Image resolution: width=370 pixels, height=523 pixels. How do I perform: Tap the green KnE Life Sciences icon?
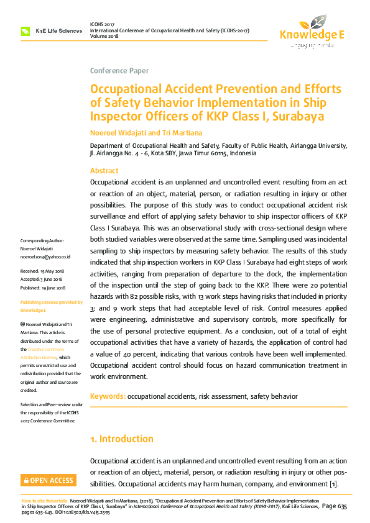tap(25, 30)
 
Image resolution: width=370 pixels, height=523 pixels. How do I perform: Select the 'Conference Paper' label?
tap(119, 71)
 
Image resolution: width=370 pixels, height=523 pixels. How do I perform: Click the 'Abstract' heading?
tap(104, 171)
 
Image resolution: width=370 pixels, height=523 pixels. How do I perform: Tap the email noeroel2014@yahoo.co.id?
tap(45, 257)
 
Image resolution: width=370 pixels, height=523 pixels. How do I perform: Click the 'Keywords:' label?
tap(108, 396)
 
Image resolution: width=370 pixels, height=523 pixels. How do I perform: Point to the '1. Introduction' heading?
tap(121, 439)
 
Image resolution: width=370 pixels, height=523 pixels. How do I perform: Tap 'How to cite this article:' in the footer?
tap(45, 500)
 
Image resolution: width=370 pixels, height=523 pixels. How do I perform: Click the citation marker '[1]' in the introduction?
tap(333, 483)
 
